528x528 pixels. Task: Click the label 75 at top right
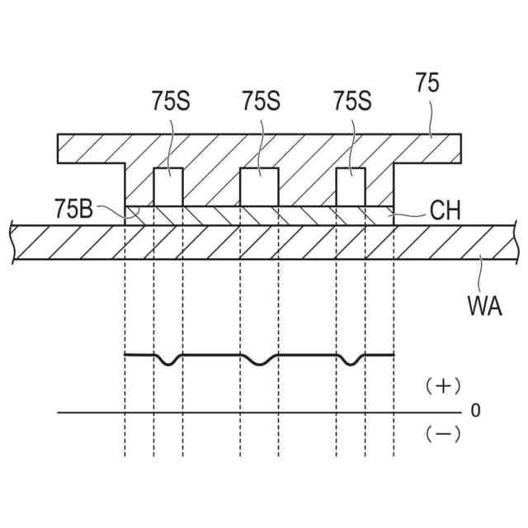tap(427, 84)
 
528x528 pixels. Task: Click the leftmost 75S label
tap(170, 101)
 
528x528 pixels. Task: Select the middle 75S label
tap(261, 101)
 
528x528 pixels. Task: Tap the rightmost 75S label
tap(352, 101)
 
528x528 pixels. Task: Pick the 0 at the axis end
tap(475, 410)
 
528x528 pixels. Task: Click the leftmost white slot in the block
tap(168, 186)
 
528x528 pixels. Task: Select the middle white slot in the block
tap(259, 186)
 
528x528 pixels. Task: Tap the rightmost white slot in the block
tap(351, 186)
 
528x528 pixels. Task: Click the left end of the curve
tap(125, 355)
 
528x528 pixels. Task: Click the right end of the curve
tap(394, 355)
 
